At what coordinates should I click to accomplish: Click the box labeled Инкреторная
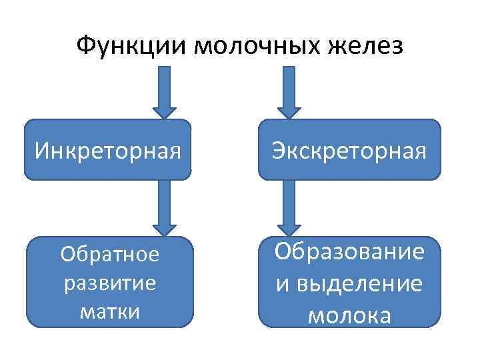click(x=108, y=150)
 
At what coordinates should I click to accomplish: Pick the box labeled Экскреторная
click(x=349, y=150)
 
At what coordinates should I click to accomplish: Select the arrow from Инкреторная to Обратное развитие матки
click(x=165, y=208)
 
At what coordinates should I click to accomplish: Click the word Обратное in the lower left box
click(x=110, y=255)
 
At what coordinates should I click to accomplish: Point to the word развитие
click(x=110, y=283)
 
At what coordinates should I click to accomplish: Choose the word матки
click(x=110, y=311)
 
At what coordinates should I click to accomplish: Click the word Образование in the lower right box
click(x=350, y=253)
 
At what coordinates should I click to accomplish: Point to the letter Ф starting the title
click(x=85, y=47)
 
